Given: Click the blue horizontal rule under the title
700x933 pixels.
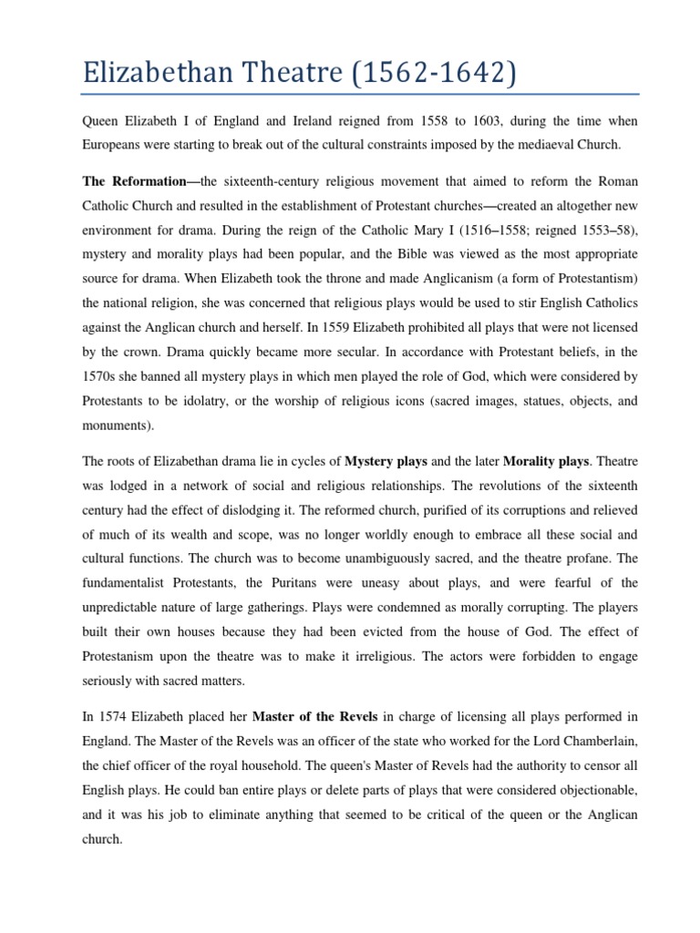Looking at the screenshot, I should coord(361,94).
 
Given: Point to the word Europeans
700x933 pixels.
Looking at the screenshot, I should coord(116,145).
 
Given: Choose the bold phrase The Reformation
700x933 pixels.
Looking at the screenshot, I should coord(134,182).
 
